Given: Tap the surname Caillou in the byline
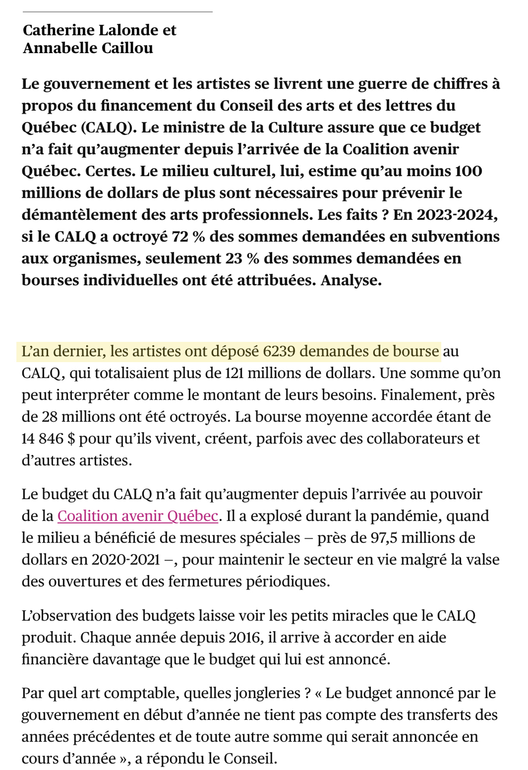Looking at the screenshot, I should (x=127, y=48).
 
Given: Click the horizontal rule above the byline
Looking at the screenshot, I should (x=117, y=12).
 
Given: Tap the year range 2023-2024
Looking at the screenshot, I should (x=457, y=215).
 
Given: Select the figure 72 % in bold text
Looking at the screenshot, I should (x=188, y=237).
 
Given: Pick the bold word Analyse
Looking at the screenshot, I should (x=351, y=280).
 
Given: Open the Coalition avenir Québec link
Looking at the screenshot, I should (x=138, y=516).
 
